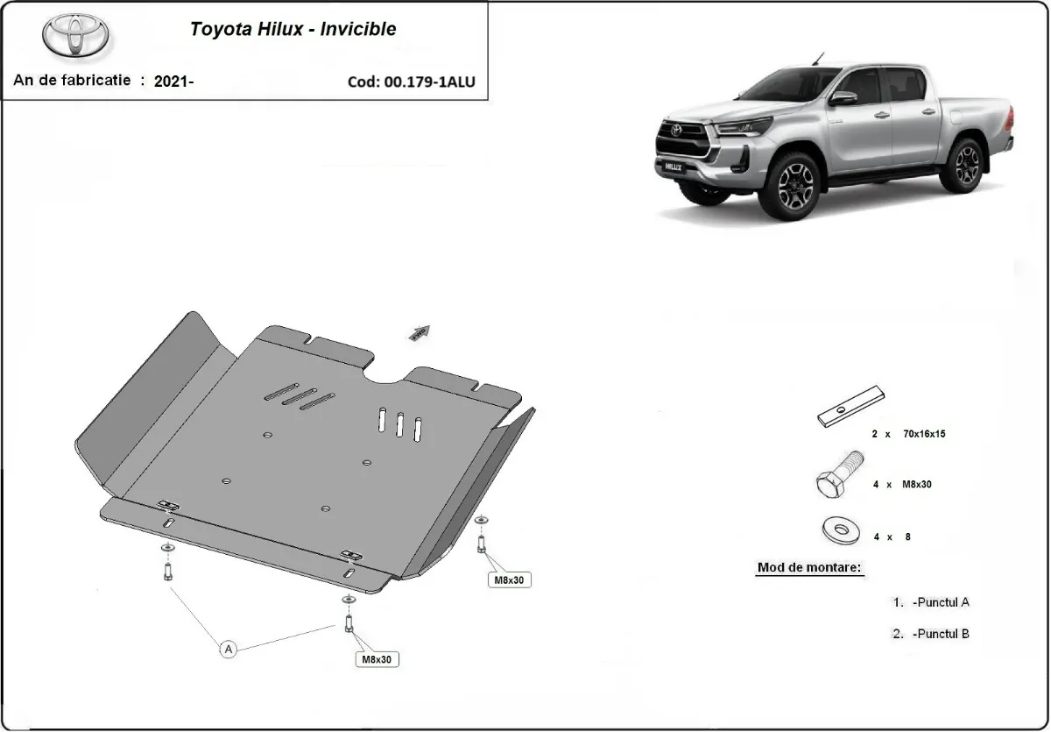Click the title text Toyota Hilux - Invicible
pyautogui.click(x=293, y=29)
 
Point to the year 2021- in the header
pyautogui.click(x=173, y=82)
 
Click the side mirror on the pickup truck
pyautogui.click(x=843, y=97)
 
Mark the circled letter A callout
pyautogui.click(x=229, y=649)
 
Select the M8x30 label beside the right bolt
pyautogui.click(x=511, y=579)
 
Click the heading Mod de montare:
pyautogui.click(x=809, y=567)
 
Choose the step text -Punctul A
pyautogui.click(x=940, y=602)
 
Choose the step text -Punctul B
pyautogui.click(x=940, y=634)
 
